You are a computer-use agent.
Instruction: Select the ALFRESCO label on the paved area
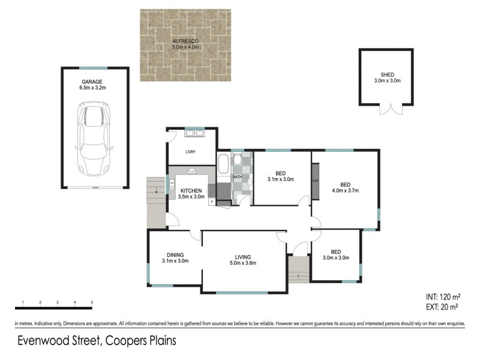[185, 41]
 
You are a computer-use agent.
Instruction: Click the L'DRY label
[191, 152]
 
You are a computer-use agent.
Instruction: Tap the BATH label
[237, 177]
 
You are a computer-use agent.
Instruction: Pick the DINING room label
[175, 254]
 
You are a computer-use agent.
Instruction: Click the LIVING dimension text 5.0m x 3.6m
[243, 263]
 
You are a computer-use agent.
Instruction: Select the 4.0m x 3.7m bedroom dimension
[345, 191]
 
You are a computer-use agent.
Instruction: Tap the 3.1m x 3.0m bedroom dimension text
[280, 179]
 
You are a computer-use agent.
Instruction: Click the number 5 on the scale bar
[92, 302]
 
